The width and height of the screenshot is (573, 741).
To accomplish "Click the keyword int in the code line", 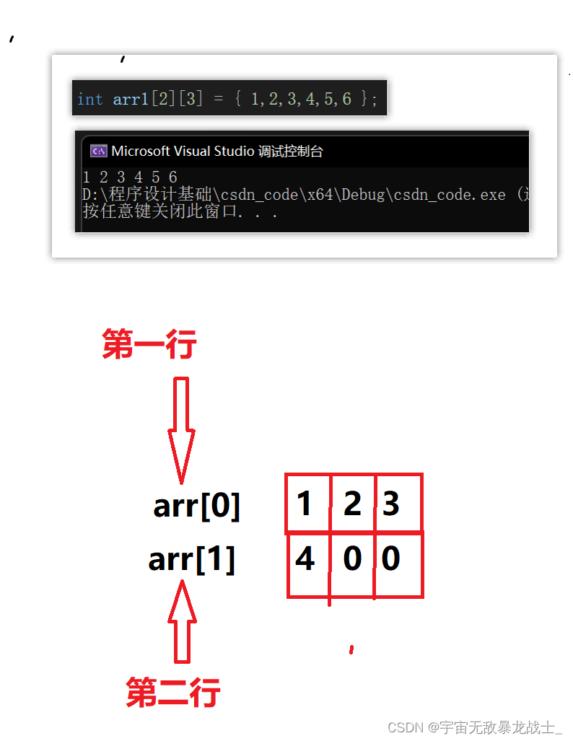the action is point(89,99).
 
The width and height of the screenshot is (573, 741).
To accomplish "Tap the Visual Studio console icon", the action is point(98,152).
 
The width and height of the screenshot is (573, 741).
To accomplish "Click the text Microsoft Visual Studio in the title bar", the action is point(182,152).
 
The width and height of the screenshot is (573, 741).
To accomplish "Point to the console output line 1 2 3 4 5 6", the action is point(130,177).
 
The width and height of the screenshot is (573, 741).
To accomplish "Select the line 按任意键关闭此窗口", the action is point(180,212).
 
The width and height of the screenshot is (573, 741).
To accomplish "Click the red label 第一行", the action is point(149,345).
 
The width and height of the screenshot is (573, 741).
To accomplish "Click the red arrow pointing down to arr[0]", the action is point(181,429).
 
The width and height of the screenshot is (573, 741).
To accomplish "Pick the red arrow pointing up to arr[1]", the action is point(182,622).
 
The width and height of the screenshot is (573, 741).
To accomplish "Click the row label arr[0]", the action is point(196,507).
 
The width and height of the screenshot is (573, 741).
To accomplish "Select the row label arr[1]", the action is point(192,559).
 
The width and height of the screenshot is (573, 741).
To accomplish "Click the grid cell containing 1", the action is point(307,503).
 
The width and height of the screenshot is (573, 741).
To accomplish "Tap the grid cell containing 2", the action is point(352,503).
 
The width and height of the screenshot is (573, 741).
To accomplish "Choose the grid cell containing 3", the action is point(397,503).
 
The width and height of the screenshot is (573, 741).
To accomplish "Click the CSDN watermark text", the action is point(474,727).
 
